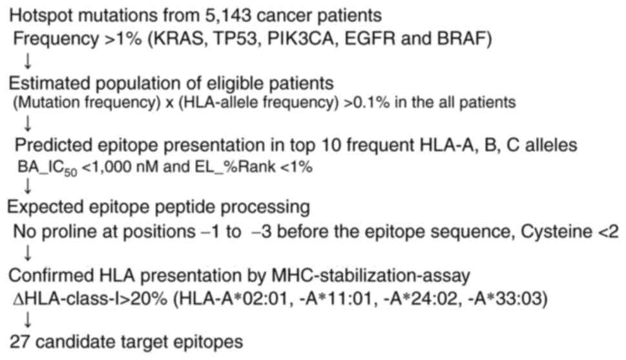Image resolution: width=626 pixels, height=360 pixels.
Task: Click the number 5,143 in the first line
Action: pos(227,16)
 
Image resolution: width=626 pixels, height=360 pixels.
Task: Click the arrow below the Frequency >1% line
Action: pos(28,61)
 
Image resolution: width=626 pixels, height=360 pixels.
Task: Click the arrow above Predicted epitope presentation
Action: pos(28,124)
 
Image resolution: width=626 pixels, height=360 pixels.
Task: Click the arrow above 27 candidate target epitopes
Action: pos(28,320)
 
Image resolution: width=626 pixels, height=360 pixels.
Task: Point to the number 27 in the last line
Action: pos(18,343)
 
